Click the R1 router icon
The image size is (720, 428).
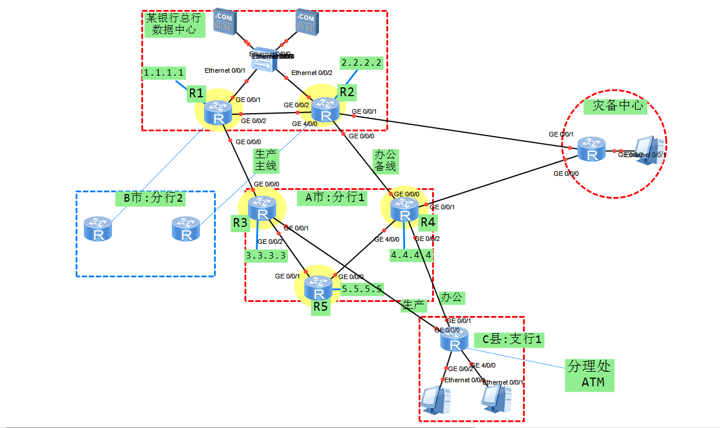(218, 113)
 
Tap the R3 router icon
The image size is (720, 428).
(261, 209)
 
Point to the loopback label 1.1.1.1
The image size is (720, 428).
(164, 73)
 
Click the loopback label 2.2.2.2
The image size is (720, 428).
(362, 63)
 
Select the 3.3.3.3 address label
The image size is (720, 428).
(266, 255)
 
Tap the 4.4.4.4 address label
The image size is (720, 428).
(412, 255)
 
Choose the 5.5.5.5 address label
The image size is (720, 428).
(362, 288)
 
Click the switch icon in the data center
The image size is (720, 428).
(266, 62)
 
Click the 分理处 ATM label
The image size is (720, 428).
(589, 375)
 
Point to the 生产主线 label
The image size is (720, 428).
(265, 160)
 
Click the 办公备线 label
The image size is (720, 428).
(385, 160)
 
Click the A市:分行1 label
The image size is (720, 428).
(335, 198)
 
